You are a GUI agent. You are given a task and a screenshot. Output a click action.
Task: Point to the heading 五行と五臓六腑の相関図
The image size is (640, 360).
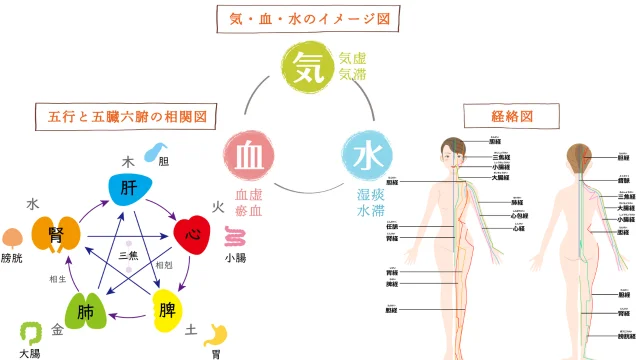(x=126, y=116)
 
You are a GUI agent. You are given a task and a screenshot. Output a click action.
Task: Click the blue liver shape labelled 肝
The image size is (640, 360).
(x=130, y=189)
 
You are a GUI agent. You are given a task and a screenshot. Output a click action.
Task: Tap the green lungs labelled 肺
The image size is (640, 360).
(x=88, y=312)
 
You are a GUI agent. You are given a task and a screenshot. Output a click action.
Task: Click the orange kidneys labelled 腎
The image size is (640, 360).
(x=56, y=235)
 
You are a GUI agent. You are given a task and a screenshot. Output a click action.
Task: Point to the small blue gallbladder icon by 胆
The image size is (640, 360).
(x=155, y=152)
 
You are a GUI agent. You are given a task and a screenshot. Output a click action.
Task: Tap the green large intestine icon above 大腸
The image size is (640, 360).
(x=30, y=332)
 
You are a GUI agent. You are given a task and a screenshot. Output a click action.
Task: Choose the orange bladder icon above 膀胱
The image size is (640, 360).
(x=12, y=238)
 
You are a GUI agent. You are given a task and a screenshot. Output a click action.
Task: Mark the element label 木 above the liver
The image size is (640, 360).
(x=128, y=160)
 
